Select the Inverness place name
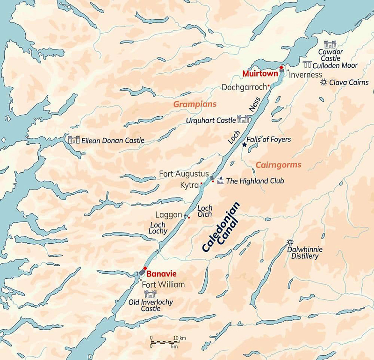pos(306,75)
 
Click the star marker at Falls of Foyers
pos(244,145)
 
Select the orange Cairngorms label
pos(278,165)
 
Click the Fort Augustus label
pos(184,174)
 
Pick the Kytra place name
pos(189,185)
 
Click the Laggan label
pos(168,214)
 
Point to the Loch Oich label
pos(205,212)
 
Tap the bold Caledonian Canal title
pos(222,228)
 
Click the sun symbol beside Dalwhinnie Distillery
pos(290,242)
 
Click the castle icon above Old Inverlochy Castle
pos(151,294)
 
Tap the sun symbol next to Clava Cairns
pos(323,83)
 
